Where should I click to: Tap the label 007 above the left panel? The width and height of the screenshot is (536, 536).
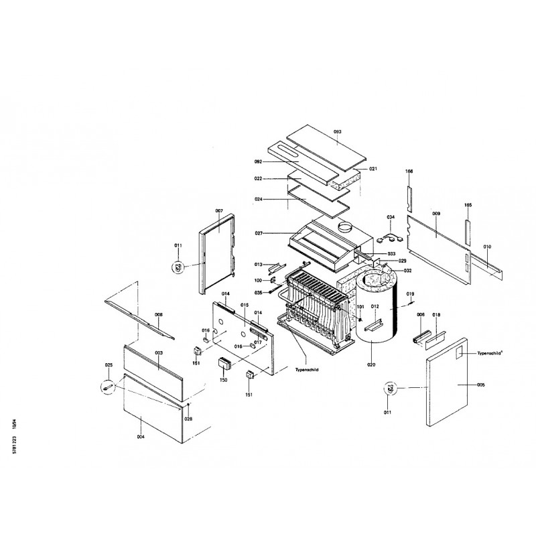click(x=218, y=210)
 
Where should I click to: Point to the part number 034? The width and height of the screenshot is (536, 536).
click(x=392, y=217)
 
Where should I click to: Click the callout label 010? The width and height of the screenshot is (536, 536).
click(x=487, y=248)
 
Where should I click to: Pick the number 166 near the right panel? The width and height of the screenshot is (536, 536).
click(x=409, y=172)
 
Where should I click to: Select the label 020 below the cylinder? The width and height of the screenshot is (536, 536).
click(x=371, y=364)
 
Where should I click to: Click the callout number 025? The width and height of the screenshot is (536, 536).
click(x=109, y=365)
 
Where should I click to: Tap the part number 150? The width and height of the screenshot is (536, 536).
click(x=224, y=380)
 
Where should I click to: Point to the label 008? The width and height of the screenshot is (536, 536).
click(x=159, y=314)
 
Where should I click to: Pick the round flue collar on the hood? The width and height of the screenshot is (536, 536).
click(x=345, y=228)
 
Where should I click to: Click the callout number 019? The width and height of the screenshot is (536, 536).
click(x=411, y=294)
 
